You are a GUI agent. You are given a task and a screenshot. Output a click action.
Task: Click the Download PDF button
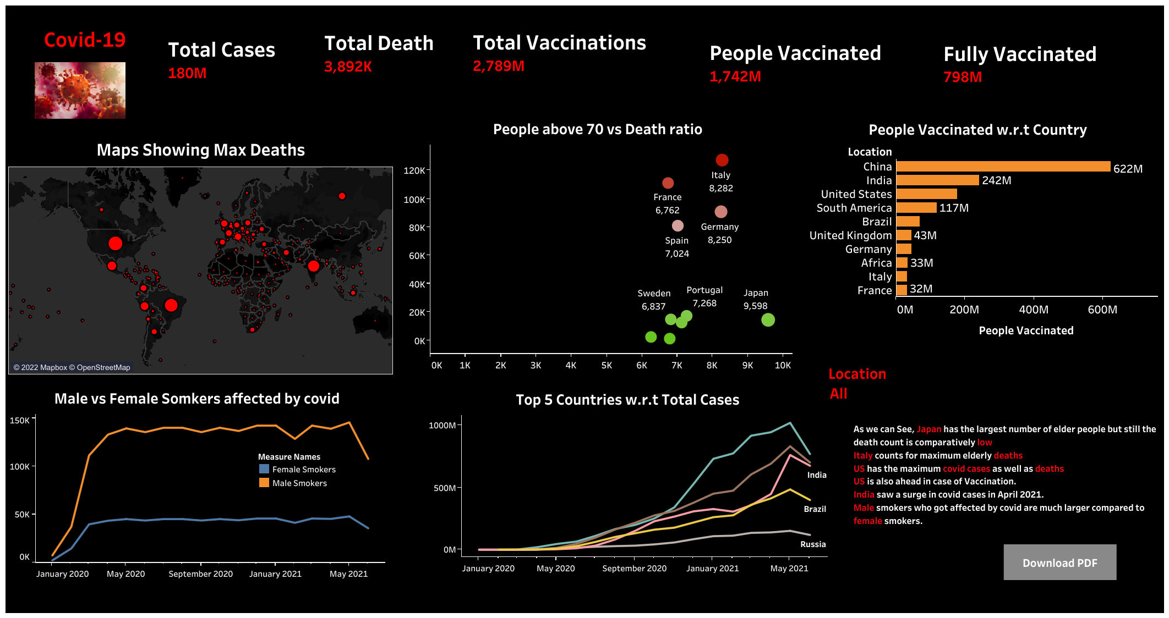(x=1059, y=562)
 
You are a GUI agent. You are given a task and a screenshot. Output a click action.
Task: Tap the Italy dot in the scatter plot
(x=722, y=160)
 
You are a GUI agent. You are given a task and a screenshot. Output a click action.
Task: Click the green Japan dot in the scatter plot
(x=768, y=320)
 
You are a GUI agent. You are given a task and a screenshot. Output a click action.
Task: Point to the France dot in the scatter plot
(x=668, y=183)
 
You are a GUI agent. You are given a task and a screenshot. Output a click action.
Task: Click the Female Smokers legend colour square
(x=264, y=469)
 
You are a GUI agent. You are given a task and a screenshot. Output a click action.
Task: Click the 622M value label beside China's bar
(x=1128, y=169)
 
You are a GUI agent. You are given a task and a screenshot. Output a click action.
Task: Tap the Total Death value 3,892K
(x=348, y=67)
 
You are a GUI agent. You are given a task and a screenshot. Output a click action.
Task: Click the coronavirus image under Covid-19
(x=80, y=90)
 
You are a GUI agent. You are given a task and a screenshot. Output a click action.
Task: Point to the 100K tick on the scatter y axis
(x=414, y=200)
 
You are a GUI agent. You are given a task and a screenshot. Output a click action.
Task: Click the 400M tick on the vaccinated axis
(x=1033, y=310)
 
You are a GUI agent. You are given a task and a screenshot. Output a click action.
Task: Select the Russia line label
(x=812, y=544)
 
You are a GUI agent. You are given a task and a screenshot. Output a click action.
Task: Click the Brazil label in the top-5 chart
(x=815, y=509)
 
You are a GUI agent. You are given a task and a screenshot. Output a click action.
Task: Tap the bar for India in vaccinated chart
(x=937, y=180)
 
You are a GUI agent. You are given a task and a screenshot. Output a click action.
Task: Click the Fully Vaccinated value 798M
(x=963, y=77)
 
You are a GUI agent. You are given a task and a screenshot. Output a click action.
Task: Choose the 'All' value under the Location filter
(x=838, y=394)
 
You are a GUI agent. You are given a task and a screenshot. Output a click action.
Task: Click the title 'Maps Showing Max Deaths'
(x=200, y=150)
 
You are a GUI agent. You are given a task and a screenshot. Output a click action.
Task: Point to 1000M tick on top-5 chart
(x=442, y=426)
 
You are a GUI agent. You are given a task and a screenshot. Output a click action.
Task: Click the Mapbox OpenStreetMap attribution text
(x=72, y=367)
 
